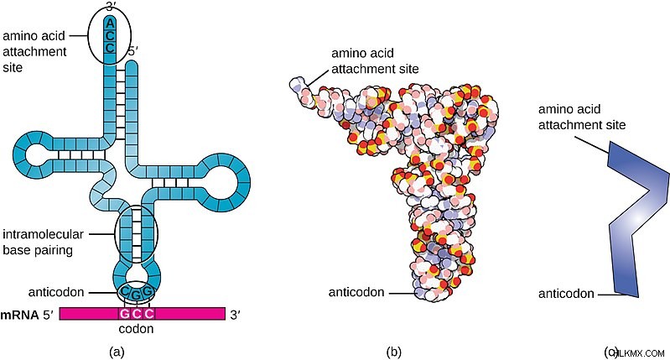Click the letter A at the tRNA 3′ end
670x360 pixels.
coord(110,23)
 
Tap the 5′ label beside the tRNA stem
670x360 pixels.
coord(133,52)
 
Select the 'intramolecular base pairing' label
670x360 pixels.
coord(43,242)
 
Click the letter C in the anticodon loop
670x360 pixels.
coord(124,291)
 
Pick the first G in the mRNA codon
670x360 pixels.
coord(124,314)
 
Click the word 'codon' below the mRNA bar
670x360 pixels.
coord(136,329)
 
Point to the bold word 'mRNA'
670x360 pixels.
coord(19,316)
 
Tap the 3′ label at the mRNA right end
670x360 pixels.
coord(235,316)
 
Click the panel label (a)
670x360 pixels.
coord(117,352)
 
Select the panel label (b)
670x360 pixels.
coord(393,352)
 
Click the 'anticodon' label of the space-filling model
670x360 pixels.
coord(356,292)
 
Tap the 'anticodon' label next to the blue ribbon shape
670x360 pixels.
coord(566,294)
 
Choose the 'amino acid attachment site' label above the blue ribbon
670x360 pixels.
coord(582,117)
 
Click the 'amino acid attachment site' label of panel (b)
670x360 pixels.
coord(375,60)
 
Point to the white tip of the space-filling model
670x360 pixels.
coord(296,84)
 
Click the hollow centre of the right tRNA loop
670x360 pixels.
coord(219,183)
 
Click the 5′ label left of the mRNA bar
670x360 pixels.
coord(48,316)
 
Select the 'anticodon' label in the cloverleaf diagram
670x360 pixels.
coord(56,292)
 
